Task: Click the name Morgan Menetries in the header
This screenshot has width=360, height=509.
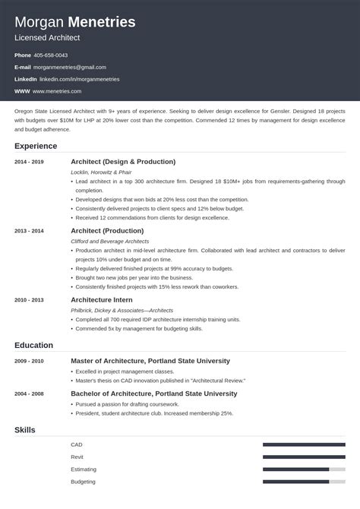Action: click(75, 22)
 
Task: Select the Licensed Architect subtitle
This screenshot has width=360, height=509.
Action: click(47, 37)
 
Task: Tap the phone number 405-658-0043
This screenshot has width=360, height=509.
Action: click(51, 55)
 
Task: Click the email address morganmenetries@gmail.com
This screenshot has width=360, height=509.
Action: click(69, 68)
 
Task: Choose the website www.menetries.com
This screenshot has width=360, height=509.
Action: click(58, 91)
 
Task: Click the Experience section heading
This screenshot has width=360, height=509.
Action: click(36, 145)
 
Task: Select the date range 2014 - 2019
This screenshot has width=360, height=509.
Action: click(28, 162)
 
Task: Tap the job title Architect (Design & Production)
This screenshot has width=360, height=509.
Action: click(123, 162)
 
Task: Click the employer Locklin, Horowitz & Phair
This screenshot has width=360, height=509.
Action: click(100, 173)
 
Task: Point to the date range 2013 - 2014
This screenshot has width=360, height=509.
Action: click(28, 231)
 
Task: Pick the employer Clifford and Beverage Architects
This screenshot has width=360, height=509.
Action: click(110, 242)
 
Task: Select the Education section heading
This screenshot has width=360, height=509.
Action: click(33, 345)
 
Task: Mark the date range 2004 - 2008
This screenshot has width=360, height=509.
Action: click(28, 394)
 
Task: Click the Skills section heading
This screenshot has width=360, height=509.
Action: click(25, 431)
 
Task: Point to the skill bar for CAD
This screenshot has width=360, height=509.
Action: click(303, 444)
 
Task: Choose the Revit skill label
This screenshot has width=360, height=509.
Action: click(77, 457)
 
